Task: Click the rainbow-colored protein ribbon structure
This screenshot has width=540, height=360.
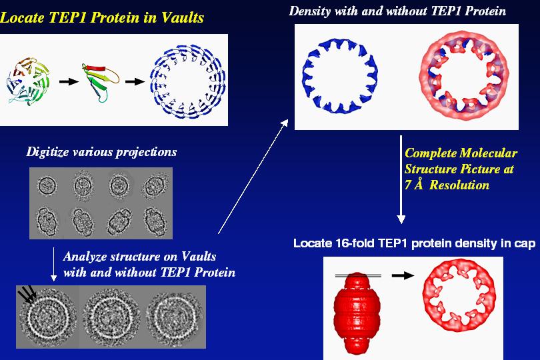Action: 28,81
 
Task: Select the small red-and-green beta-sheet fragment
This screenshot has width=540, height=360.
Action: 99,82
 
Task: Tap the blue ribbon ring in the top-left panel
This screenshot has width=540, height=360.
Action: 188,81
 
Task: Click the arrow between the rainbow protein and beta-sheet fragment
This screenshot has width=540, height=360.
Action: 69,81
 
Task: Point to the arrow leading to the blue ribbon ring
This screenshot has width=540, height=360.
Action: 135,81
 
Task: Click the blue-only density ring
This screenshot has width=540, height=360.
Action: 340,76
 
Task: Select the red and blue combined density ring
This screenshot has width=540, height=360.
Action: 464,75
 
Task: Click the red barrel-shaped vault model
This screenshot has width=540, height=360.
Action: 357,313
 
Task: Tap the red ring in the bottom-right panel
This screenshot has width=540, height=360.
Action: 459,295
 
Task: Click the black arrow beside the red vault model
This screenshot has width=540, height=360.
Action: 403,275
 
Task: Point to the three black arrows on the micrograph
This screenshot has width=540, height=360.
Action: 27,294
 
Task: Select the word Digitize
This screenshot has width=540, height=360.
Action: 47,152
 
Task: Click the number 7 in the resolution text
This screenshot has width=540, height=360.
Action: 408,185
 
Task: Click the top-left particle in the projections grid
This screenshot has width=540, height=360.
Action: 47,185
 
